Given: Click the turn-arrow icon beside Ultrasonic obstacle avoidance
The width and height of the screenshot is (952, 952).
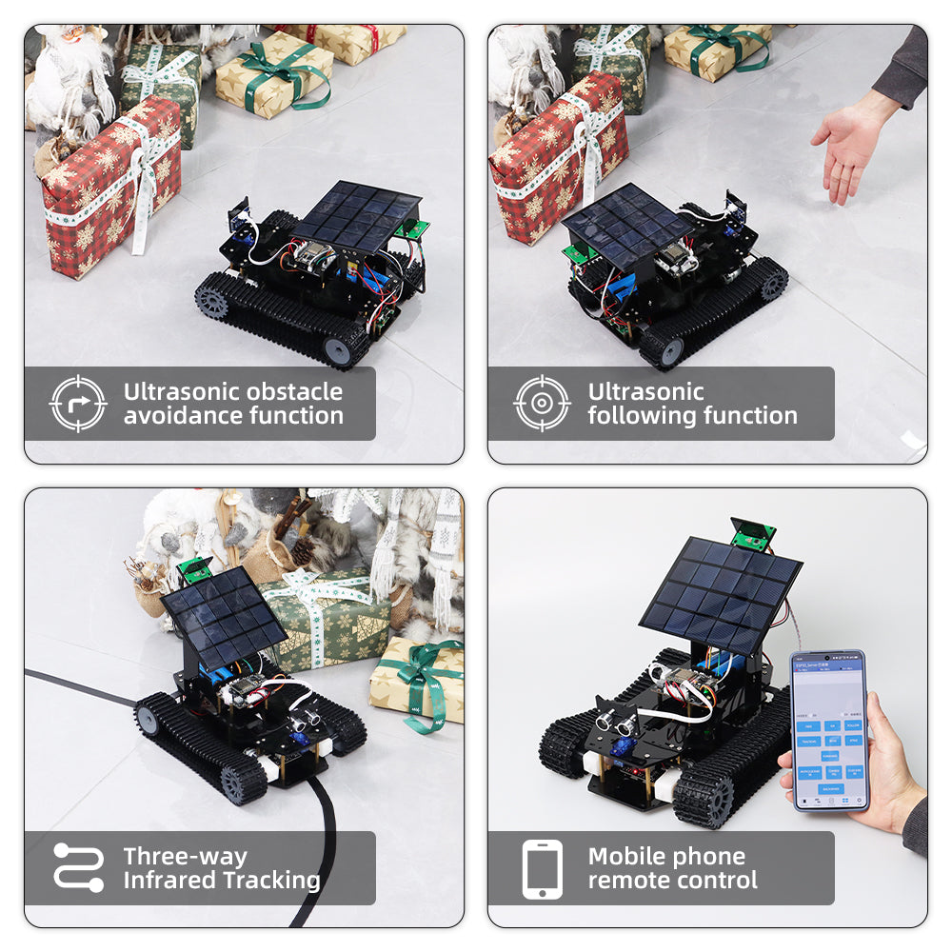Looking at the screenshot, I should point(77,404).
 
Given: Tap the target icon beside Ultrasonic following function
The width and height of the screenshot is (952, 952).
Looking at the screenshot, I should point(542,404).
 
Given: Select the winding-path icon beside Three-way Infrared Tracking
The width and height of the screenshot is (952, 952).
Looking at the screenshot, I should point(77,867).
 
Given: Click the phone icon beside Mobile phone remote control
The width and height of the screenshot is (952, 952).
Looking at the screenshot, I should point(542,868).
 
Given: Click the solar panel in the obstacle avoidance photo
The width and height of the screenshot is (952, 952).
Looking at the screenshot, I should point(355,216).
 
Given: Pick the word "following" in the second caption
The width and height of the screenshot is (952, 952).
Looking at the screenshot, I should point(640,416).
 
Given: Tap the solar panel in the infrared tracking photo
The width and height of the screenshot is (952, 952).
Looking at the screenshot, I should point(223,619).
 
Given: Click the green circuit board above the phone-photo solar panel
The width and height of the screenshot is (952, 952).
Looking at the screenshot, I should point(754,535).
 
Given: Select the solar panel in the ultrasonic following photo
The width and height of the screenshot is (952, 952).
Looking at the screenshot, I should point(625,225).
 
